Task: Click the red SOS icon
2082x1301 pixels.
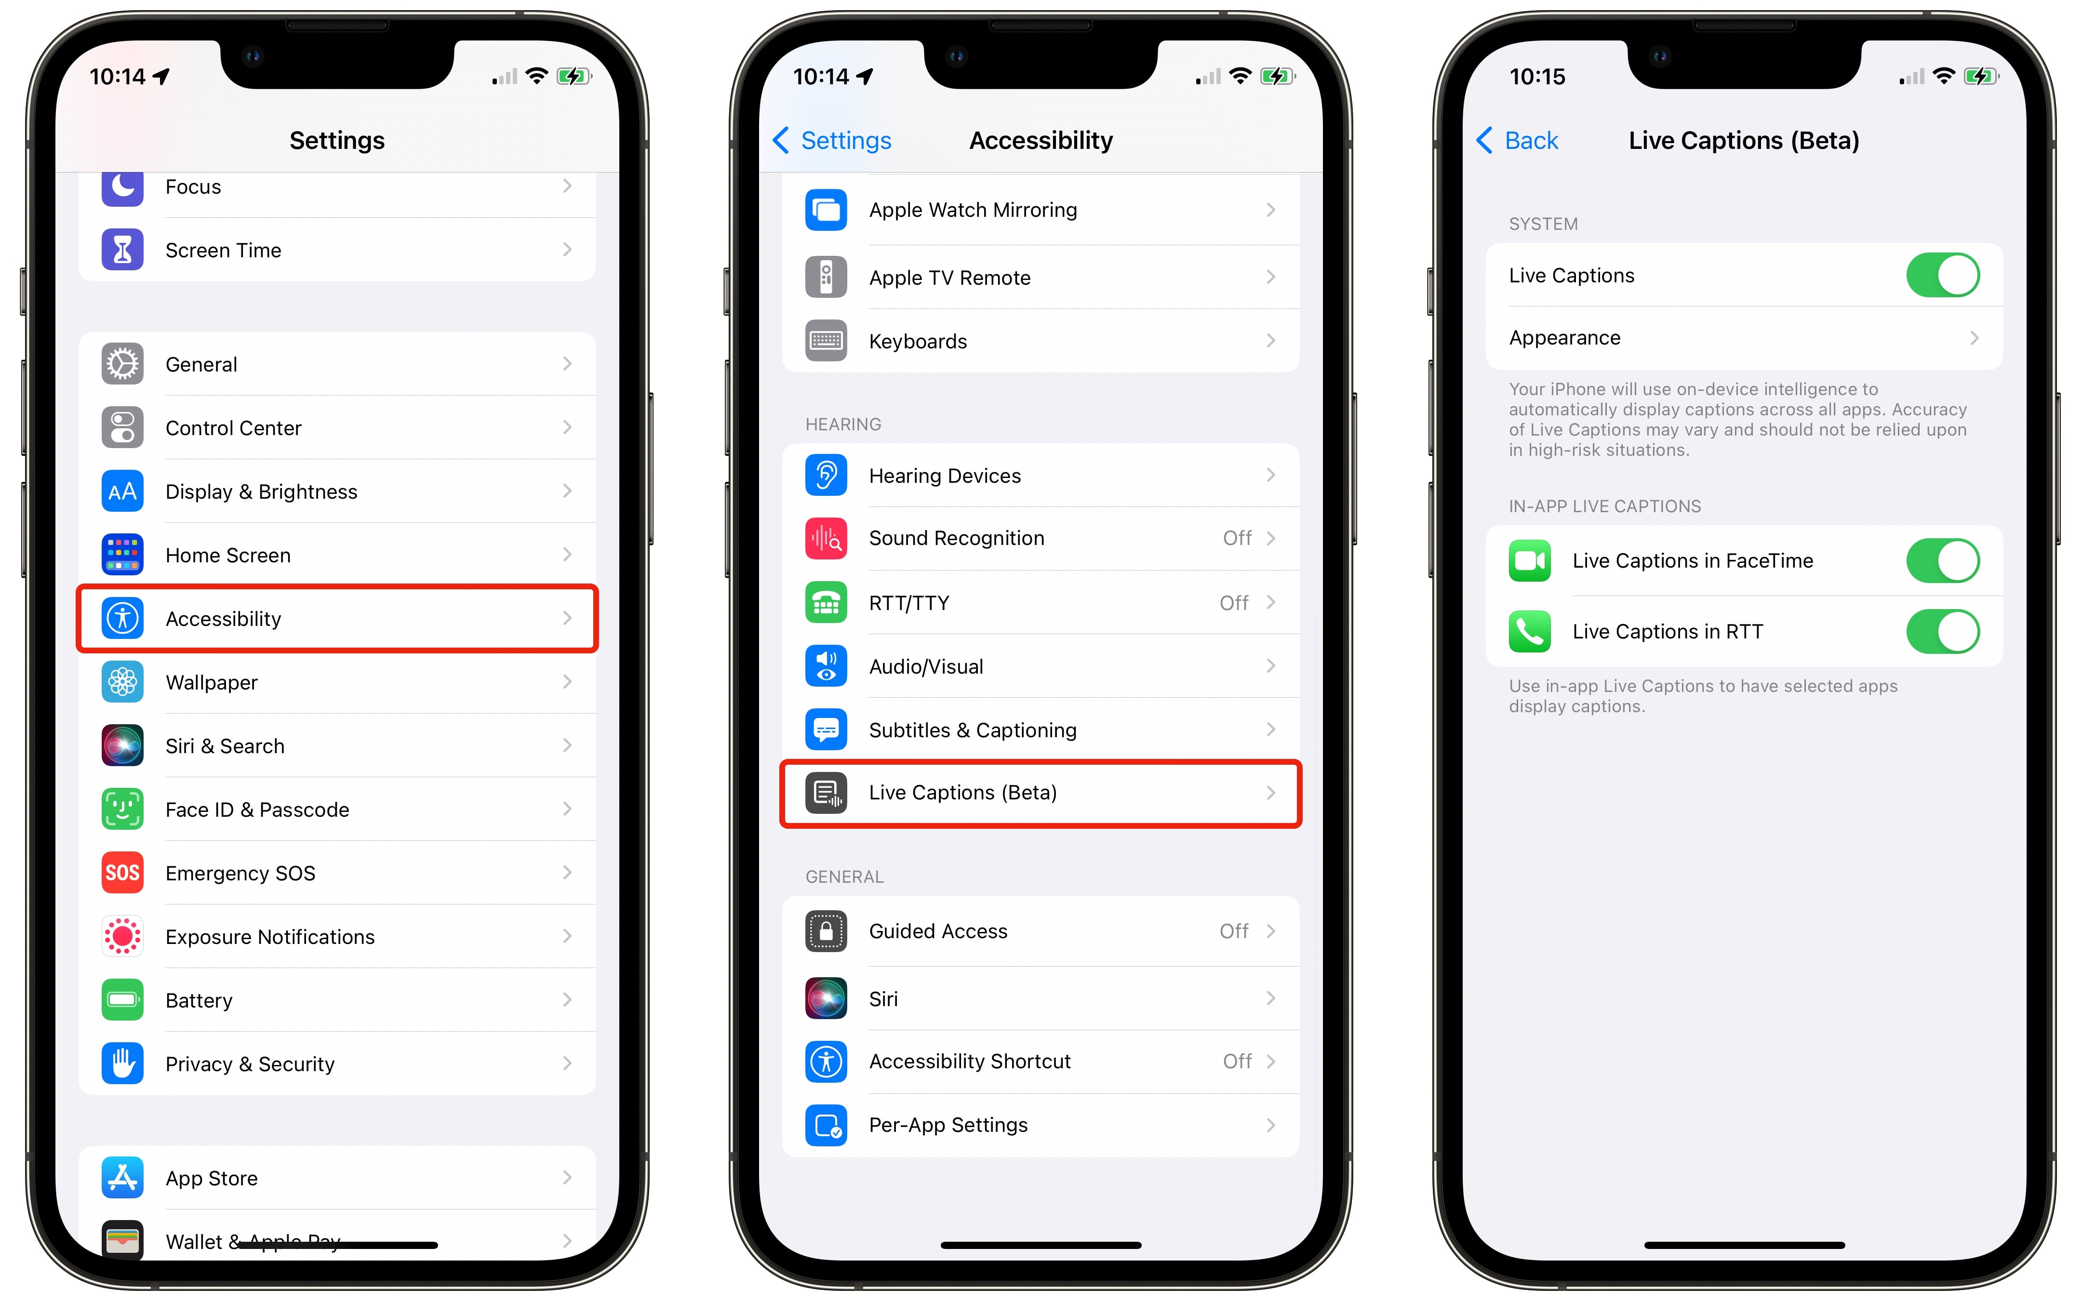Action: point(122,873)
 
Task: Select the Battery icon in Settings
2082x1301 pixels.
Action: point(122,1000)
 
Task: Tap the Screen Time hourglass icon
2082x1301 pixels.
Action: point(122,250)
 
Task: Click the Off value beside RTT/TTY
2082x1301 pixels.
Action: point(1234,603)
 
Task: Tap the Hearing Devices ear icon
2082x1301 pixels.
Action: point(826,475)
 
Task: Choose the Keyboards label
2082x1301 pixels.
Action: point(918,342)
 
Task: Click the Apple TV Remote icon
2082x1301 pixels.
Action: point(826,277)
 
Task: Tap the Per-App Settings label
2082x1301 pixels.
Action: point(948,1126)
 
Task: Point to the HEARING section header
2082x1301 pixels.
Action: point(843,424)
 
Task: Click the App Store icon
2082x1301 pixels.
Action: point(122,1178)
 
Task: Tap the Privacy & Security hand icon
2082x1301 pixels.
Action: point(122,1063)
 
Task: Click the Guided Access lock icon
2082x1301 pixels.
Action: point(826,931)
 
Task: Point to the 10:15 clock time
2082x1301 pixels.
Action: point(1537,77)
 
